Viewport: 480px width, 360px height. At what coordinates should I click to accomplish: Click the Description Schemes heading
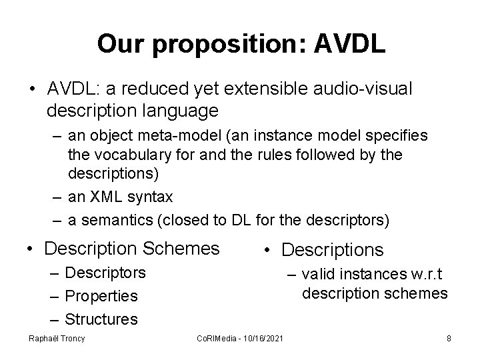[131, 249]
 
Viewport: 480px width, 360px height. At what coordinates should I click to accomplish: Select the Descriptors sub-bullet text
[106, 273]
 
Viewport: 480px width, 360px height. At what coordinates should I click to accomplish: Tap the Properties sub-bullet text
[102, 295]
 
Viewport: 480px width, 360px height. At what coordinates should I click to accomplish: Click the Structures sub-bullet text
[102, 318]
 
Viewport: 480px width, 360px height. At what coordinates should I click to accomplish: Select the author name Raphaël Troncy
[57, 339]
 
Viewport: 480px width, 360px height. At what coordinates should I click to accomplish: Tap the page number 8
[449, 339]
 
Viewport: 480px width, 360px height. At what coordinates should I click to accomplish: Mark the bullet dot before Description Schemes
[31, 250]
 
